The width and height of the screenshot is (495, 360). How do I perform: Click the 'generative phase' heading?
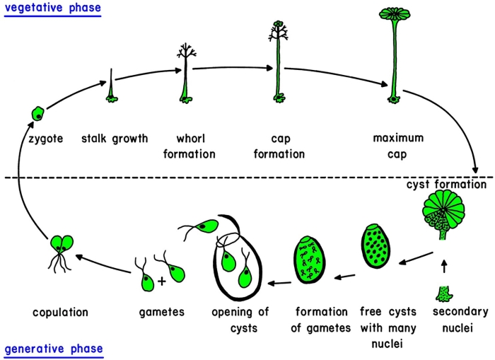pos(54,349)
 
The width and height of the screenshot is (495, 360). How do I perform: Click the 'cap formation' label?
pos(278,146)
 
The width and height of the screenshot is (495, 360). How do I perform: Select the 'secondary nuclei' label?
pos(455,318)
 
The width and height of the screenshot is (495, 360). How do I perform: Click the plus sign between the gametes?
pos(162,281)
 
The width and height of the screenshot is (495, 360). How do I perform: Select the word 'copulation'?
pos(61,311)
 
